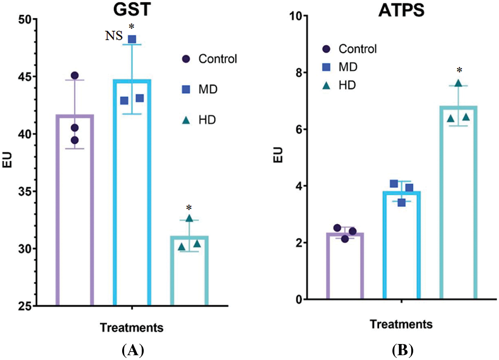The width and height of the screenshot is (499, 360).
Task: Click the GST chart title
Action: coord(130,9)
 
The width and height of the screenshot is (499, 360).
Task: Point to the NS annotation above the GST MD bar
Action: coord(114,36)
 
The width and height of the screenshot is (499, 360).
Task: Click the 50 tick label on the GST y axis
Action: coord(26,19)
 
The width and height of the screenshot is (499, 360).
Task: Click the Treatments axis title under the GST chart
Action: coord(131,328)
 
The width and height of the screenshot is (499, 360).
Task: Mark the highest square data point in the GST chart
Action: coord(132,39)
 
